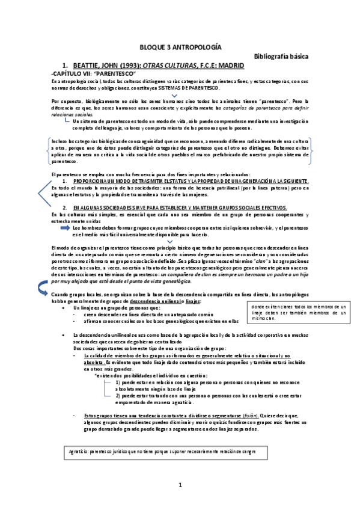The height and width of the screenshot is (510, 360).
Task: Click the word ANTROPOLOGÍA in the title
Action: click(197, 46)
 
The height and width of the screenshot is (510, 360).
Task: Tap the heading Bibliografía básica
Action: click(281, 56)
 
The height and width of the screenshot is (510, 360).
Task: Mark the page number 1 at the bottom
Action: click(180, 485)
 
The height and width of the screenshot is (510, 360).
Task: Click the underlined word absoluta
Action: click(94, 363)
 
